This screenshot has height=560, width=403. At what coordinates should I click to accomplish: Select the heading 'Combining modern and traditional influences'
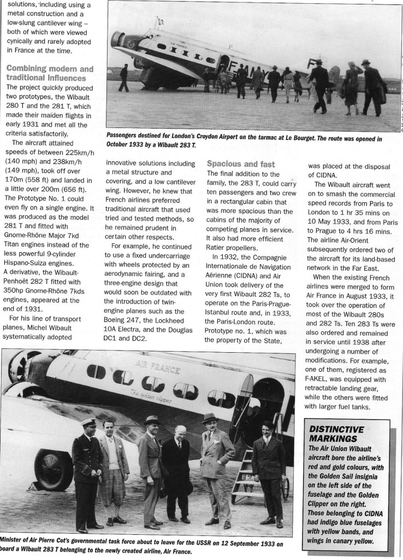(50, 73)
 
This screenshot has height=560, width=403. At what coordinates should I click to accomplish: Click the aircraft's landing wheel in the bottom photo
(54, 469)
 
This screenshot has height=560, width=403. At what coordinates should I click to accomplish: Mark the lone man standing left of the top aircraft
(124, 77)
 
